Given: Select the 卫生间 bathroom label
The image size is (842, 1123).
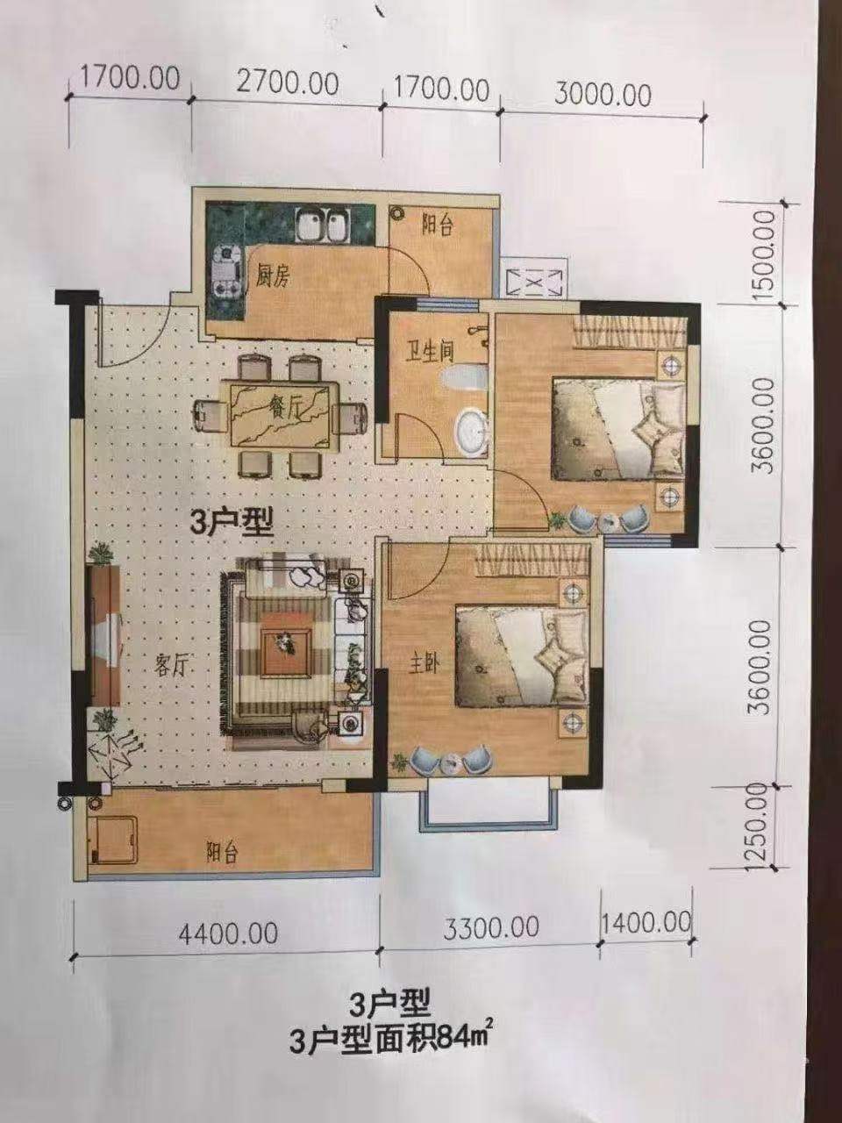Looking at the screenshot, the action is pos(431,353).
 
